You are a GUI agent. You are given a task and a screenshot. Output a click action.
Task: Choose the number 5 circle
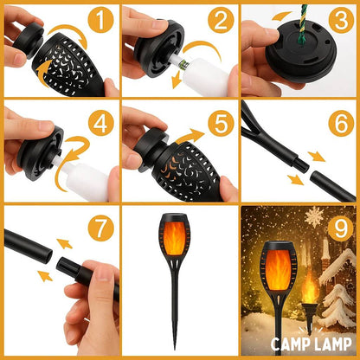pos(219,124)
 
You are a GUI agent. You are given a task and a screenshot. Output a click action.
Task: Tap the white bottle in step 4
pos(87,180)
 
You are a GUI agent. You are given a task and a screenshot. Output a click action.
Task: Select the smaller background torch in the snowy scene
pos(309,291)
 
